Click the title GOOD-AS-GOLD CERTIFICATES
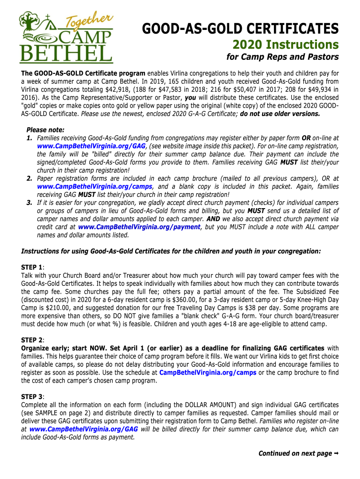[x=240, y=29]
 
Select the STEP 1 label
[x=32, y=267]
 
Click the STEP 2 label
[x=32, y=340]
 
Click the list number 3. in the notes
[x=29, y=203]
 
